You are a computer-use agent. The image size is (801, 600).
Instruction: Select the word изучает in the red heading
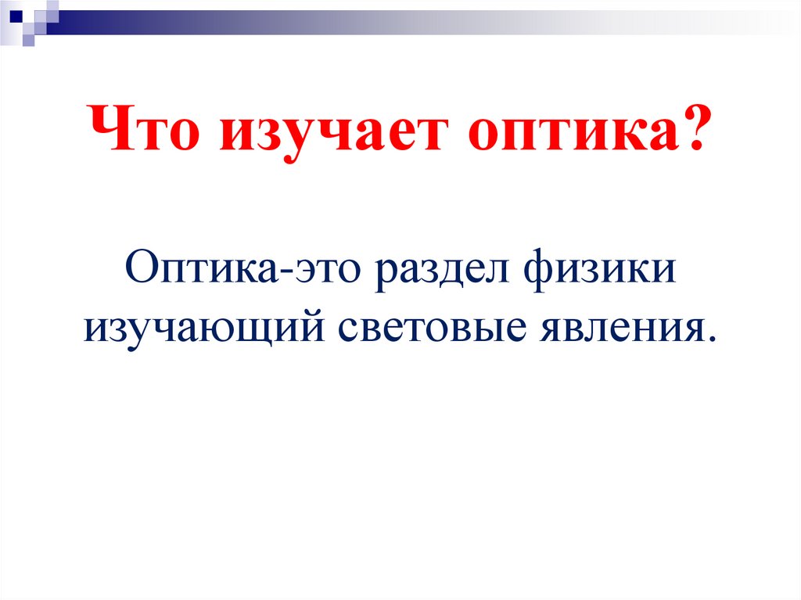coord(322,131)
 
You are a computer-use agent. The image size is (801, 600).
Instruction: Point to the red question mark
coord(688,128)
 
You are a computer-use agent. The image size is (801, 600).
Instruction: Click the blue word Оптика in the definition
coord(201,271)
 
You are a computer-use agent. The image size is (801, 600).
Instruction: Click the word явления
coord(627,327)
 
